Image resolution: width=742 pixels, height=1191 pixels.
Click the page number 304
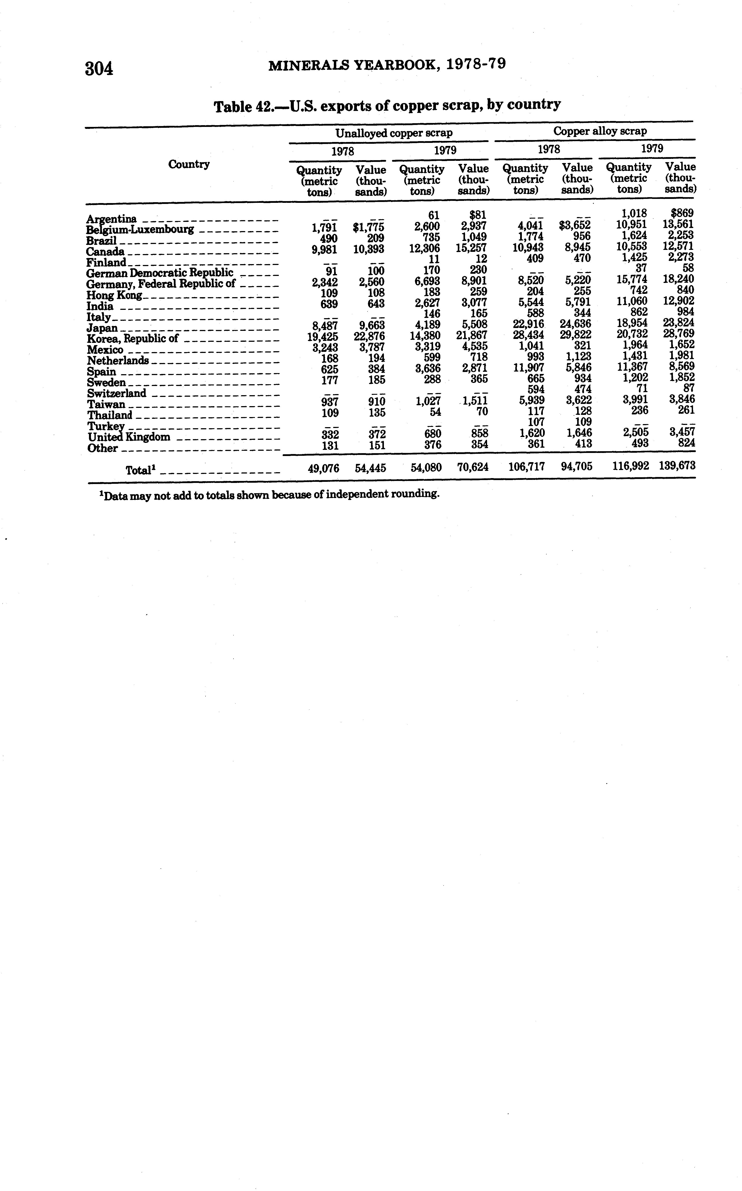click(x=99, y=68)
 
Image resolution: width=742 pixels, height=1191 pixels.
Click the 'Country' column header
click(x=189, y=164)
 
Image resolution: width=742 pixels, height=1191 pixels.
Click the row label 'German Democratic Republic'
click(x=160, y=273)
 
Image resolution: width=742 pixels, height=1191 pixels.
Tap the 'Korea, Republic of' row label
click(x=132, y=338)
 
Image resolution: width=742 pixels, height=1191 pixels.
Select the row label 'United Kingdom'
click(x=129, y=437)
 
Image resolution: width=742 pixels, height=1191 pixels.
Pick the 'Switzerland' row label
click(x=117, y=393)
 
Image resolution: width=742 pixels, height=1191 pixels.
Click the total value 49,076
click(x=323, y=468)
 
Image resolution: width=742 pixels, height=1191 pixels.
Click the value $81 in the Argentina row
click(x=477, y=215)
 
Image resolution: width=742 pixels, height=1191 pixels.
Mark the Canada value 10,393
click(x=369, y=249)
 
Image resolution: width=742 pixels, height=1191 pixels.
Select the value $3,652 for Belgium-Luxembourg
click(x=575, y=226)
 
